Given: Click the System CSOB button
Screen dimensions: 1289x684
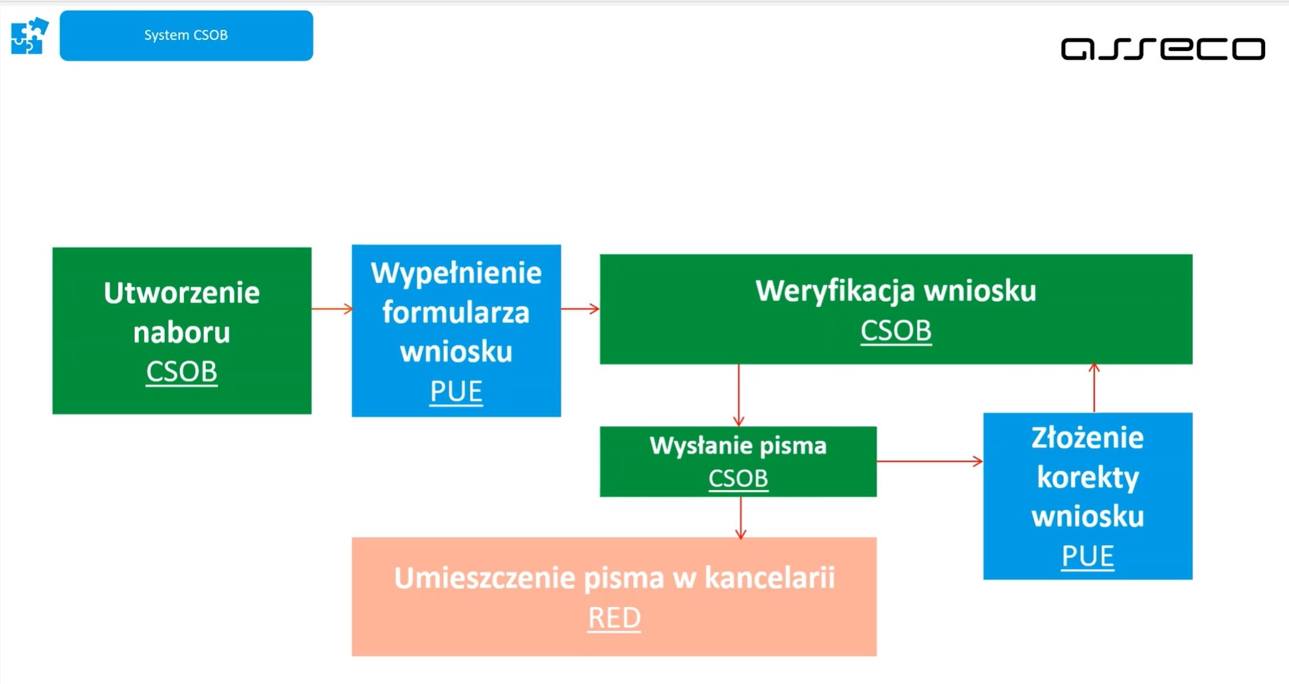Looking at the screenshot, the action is click(x=186, y=35).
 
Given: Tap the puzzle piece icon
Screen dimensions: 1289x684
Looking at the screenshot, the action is click(x=29, y=35).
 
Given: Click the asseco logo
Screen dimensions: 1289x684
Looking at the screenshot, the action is click(x=1163, y=49).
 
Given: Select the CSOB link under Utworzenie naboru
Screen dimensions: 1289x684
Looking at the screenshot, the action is click(x=181, y=371).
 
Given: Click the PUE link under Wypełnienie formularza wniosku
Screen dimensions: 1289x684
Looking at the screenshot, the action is click(x=456, y=391).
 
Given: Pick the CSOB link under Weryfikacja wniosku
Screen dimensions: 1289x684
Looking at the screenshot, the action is click(x=896, y=330).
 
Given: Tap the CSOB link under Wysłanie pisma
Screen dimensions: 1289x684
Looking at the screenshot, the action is click(x=738, y=478).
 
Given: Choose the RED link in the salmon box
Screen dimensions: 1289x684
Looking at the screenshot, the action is click(x=614, y=618).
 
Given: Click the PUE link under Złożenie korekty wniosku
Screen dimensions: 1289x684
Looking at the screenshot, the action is click(x=1087, y=556).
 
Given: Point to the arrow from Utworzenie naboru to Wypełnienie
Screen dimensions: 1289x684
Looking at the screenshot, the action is click(x=332, y=308).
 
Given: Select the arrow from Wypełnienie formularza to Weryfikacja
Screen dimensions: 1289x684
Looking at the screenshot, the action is click(x=580, y=308).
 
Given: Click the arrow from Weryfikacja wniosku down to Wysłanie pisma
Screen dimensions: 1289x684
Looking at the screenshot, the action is click(x=739, y=395).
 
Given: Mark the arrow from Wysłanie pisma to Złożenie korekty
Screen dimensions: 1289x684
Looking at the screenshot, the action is click(x=930, y=461).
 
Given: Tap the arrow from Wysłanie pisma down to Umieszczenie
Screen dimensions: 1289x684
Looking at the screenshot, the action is click(x=741, y=517).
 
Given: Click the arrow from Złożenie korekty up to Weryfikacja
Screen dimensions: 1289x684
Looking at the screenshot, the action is click(x=1094, y=388).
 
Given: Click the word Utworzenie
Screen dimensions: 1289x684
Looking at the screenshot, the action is click(x=181, y=292).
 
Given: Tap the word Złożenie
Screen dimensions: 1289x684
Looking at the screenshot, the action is click(x=1087, y=438).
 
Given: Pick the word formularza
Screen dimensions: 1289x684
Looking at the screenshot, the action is click(x=456, y=312).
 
